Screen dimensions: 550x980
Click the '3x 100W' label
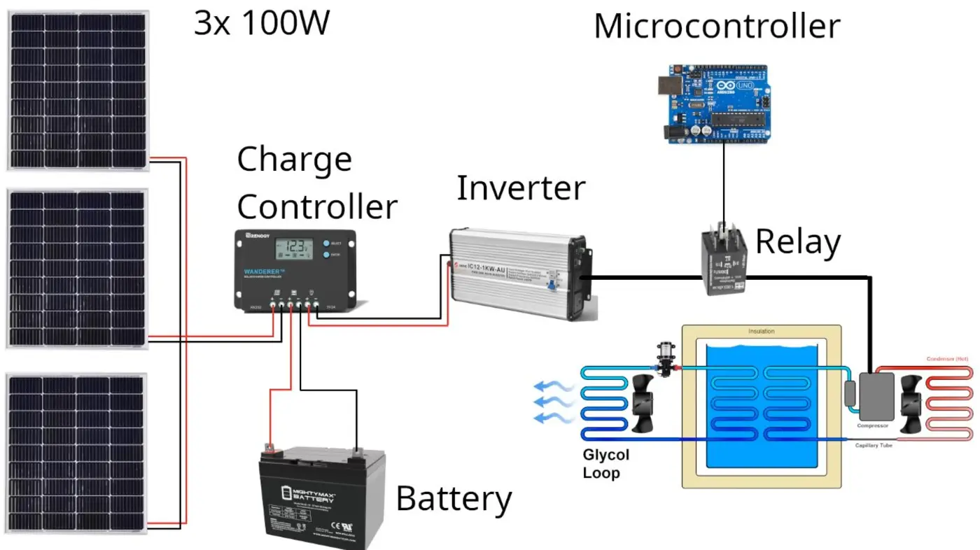(x=262, y=24)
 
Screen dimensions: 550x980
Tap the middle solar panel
(x=77, y=268)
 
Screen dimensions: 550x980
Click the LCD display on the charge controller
(x=295, y=248)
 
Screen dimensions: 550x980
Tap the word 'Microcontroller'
(x=716, y=27)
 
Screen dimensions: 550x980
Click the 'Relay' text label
(x=797, y=241)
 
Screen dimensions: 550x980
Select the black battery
(x=322, y=497)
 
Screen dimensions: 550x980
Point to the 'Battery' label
(x=454, y=499)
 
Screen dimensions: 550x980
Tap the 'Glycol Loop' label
(x=605, y=464)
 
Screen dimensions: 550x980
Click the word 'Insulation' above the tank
(x=762, y=332)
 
